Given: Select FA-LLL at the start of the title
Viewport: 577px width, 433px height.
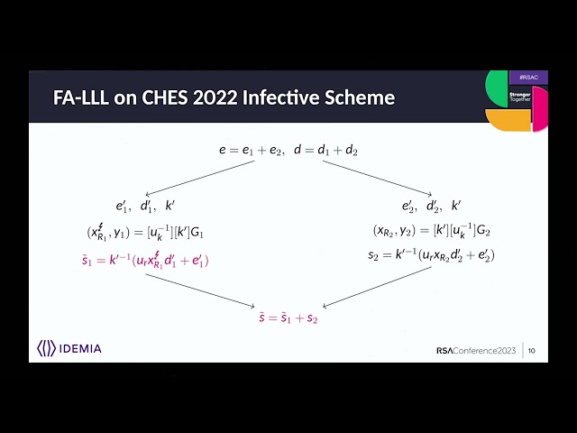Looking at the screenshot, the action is coord(81,97).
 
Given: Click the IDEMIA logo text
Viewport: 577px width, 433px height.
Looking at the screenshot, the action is coord(80,349).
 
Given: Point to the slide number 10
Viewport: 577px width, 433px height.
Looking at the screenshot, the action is coord(531,351).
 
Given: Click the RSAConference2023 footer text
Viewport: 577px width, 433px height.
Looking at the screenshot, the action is coord(476,351).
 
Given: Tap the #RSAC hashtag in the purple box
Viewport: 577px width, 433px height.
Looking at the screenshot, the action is coord(529,78).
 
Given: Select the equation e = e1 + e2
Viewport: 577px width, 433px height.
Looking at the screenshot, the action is coord(252,151).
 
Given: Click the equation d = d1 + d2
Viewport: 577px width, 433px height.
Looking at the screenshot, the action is coord(326,151).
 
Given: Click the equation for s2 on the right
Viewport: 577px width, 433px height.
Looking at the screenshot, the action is coord(432,254).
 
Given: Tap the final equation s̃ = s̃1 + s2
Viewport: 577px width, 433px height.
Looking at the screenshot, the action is coord(288,318).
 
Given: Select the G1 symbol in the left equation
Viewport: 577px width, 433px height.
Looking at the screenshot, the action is coord(197,233).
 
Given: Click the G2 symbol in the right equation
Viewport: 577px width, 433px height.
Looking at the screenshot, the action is coord(483,231).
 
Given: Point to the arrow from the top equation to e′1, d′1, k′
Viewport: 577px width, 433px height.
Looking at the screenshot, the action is coord(200,178).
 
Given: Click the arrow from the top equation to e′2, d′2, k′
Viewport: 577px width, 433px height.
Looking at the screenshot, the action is coord(378,178).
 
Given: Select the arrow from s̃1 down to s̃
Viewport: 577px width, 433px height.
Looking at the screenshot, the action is coord(200,290).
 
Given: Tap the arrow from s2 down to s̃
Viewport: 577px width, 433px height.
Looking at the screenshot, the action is coord(377,287).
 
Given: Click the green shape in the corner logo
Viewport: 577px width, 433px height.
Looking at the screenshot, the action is coord(496,88).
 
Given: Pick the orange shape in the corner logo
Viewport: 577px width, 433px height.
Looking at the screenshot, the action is coord(508,120).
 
